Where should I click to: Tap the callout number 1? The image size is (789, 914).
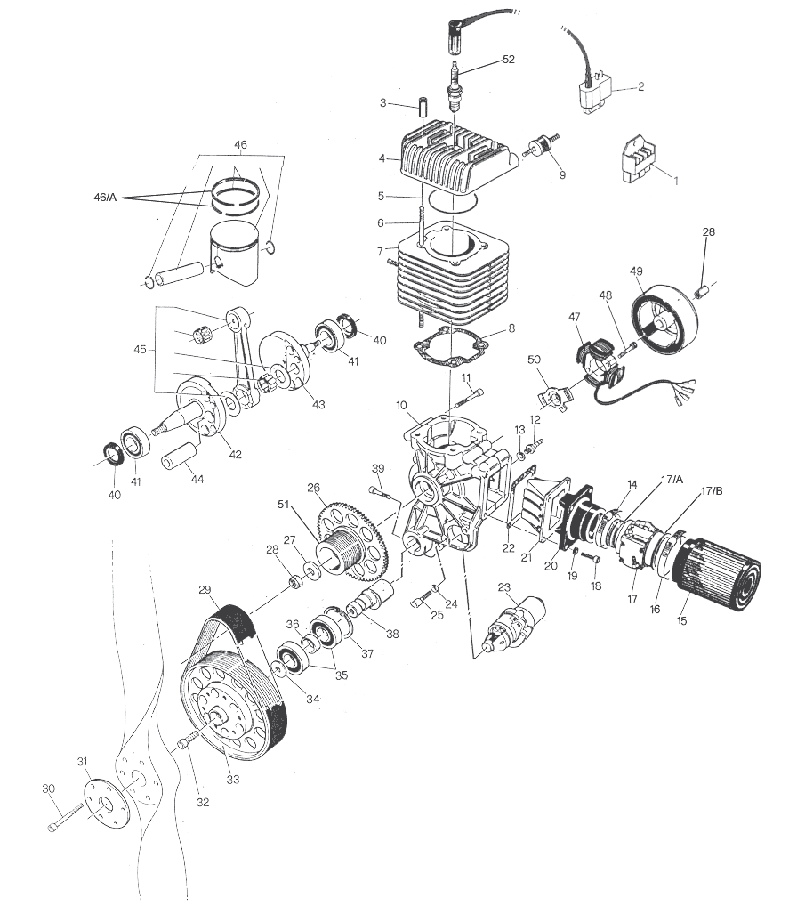pos(675,181)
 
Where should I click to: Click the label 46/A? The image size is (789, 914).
pos(105,197)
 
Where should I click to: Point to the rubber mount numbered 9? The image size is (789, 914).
pos(539,148)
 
